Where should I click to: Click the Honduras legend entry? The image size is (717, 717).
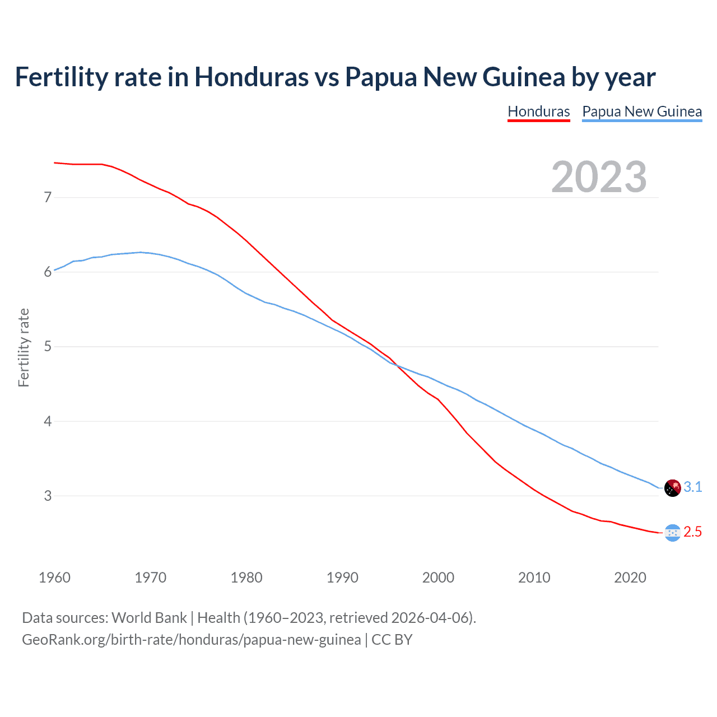538,111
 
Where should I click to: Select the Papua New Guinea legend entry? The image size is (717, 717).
642,111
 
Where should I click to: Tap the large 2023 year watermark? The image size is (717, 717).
599,177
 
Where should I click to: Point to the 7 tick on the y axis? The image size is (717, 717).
48,197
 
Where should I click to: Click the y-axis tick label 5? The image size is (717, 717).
48,346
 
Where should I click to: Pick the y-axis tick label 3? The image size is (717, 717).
48,496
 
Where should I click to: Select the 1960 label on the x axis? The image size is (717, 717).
54,578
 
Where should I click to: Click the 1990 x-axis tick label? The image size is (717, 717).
342,578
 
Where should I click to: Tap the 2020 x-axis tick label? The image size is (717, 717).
630,578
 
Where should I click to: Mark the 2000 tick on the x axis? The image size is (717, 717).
438,578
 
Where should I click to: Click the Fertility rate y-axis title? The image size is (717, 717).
24,347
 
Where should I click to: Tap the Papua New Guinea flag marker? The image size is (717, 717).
672,488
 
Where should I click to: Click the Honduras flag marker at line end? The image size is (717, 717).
672,533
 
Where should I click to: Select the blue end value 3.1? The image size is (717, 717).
693,487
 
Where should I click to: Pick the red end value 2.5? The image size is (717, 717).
693,532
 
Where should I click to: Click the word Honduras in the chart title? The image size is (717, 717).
252,77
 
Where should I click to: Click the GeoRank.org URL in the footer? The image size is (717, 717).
191,640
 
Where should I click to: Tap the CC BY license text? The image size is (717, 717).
392,640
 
